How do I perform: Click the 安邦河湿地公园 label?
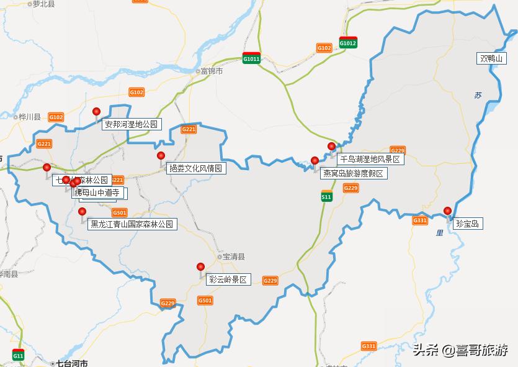132,124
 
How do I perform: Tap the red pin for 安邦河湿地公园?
96,112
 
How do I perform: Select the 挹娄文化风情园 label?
195,168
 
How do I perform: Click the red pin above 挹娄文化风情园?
161,156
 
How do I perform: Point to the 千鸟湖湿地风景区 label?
370,160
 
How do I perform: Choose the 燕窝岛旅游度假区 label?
354,174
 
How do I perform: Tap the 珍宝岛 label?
467,224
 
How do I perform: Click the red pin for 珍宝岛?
447,211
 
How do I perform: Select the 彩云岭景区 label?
228,280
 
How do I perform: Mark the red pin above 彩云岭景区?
200,267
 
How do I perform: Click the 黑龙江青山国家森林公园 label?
132,224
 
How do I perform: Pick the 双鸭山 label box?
493,59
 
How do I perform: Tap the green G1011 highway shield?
251,58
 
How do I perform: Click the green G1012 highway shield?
348,42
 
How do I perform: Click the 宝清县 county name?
234,256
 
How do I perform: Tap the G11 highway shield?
18,355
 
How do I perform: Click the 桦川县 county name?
29,117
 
